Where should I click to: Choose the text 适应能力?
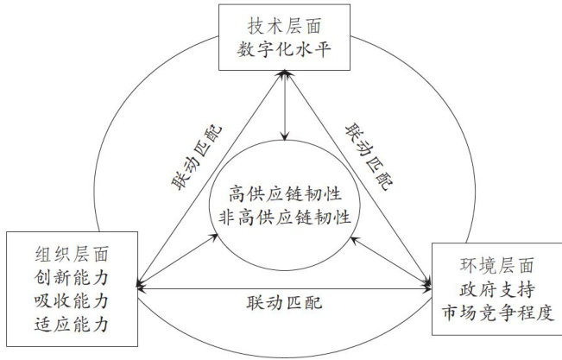(x=73, y=325)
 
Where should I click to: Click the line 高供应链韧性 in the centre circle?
(x=283, y=192)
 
